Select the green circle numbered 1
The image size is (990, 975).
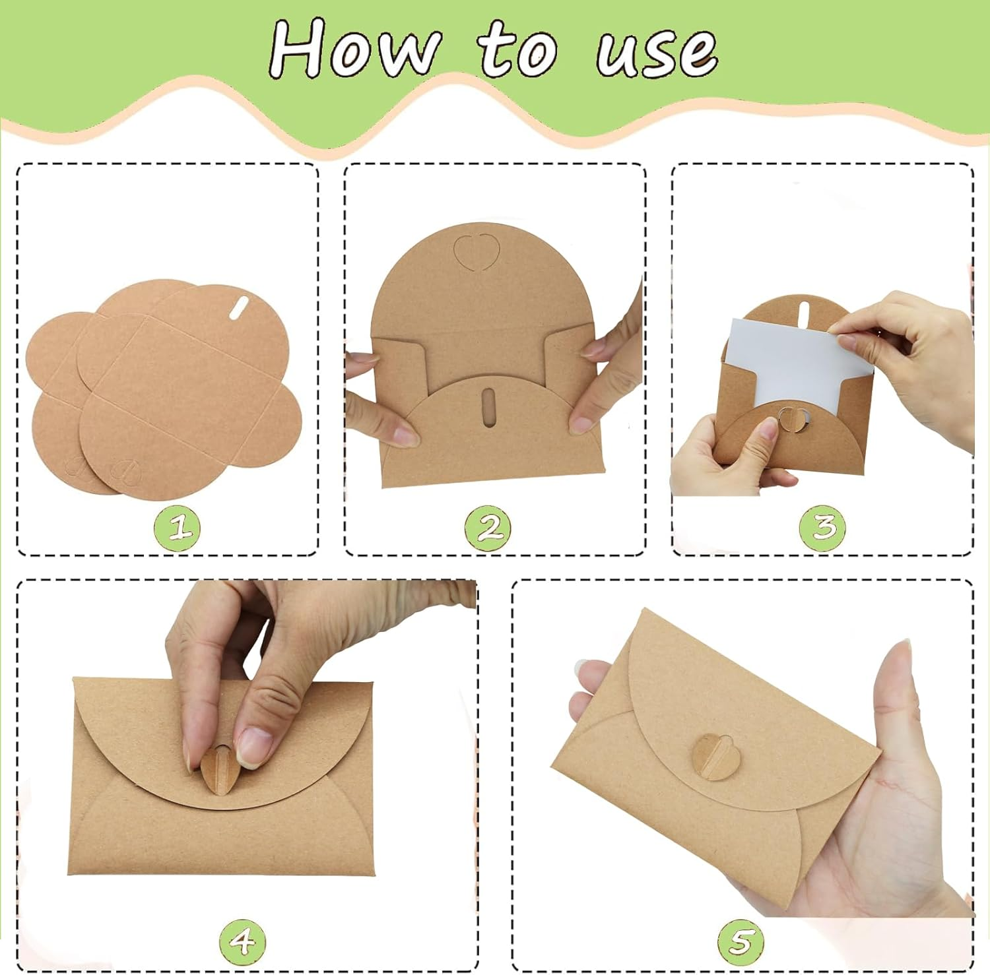click(x=177, y=528)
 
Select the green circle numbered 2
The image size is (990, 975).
click(x=488, y=528)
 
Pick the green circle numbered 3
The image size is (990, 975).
click(x=822, y=528)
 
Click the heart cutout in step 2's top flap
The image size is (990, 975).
click(x=475, y=251)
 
